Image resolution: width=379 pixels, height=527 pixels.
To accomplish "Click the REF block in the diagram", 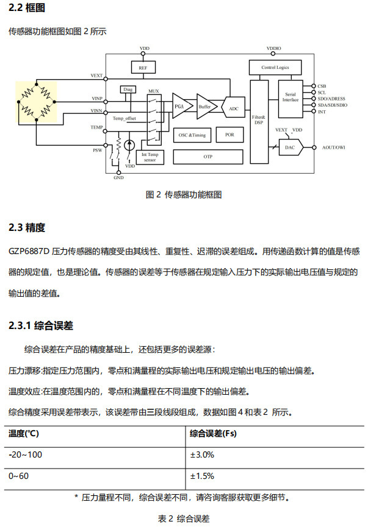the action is coord(143,67).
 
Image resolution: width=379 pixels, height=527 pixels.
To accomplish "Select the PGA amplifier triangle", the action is coord(181,106).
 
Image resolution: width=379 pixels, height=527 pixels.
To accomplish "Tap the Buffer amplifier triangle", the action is coord(206,106).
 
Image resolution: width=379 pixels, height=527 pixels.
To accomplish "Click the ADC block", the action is coord(233,108).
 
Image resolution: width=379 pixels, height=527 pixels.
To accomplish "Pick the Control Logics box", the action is coord(275,67).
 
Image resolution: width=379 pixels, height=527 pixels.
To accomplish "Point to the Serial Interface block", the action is coord(291,99).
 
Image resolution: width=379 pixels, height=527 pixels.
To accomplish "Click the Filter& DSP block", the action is coord(259,122).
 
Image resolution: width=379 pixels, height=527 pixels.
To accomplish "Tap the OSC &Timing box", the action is coord(192,135).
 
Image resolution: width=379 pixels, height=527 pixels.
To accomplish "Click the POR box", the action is coord(229,135).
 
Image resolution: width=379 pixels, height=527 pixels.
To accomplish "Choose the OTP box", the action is coord(208,157).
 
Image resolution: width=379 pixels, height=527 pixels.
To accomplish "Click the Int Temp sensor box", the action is coord(150,157).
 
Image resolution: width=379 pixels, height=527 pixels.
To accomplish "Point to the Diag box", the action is coord(128,90).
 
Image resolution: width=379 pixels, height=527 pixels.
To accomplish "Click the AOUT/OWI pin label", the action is coord(334,147).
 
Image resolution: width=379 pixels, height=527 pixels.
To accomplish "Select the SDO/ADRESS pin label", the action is coord(331,99).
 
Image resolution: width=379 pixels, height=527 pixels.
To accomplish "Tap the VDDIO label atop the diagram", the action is coord(273,48).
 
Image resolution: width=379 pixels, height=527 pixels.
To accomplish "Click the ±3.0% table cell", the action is coord(202,454).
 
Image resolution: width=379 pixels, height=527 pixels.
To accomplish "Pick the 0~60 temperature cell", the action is coord(18,476).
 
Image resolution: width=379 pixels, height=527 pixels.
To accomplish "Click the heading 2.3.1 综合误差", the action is coord(41,325).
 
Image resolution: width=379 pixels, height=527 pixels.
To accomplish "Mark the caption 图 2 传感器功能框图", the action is coord(184,194).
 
